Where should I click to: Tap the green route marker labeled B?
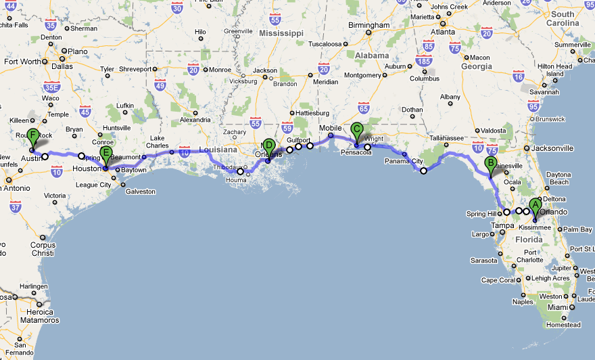[x=491, y=164]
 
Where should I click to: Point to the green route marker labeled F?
[x=32, y=136]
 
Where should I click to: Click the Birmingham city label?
[x=369, y=25]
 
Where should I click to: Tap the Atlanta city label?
[x=443, y=31]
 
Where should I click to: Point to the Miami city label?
[x=558, y=307]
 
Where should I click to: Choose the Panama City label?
[x=404, y=161]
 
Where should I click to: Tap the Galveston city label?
[x=141, y=192]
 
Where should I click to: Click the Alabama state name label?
[x=373, y=55]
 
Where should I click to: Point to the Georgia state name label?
[x=477, y=66]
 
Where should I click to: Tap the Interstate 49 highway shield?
[x=160, y=84]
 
